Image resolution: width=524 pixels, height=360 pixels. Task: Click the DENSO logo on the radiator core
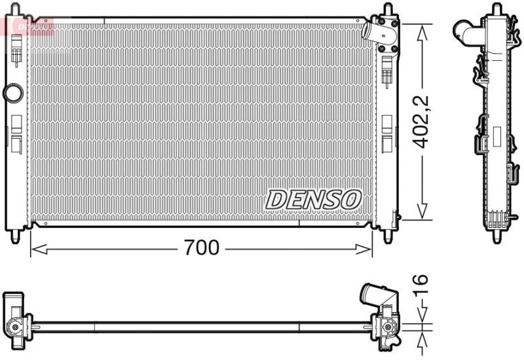(x=313, y=199)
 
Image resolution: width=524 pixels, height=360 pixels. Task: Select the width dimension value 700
(x=201, y=248)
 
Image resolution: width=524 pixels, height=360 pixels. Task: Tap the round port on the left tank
(x=12, y=92)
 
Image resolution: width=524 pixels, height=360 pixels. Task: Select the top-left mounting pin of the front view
(x=16, y=13)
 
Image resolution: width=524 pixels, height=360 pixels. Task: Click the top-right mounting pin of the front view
(x=387, y=12)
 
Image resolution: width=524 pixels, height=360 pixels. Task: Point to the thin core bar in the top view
(x=196, y=323)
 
